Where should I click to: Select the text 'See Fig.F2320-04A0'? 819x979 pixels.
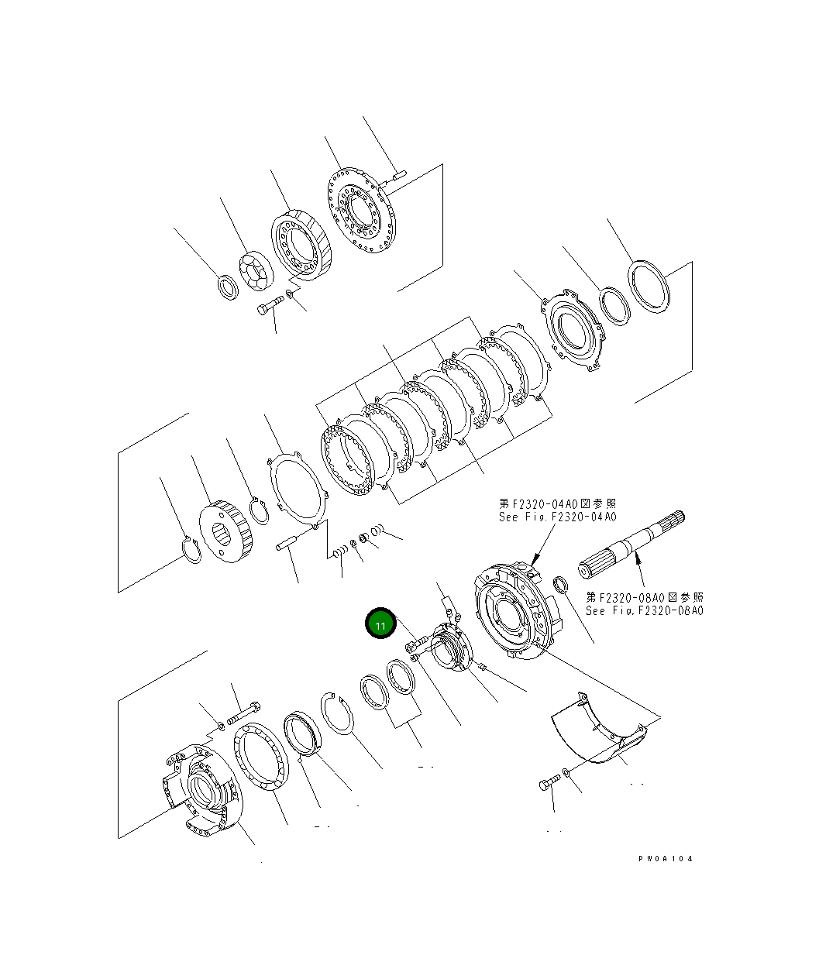point(557,517)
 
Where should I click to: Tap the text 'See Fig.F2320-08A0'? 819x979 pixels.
point(644,610)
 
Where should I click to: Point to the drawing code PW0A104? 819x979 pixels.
point(666,859)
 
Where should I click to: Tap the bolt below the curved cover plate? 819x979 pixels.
point(546,785)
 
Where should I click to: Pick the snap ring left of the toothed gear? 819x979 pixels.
point(191,550)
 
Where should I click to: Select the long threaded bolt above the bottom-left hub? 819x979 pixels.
point(244,710)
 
